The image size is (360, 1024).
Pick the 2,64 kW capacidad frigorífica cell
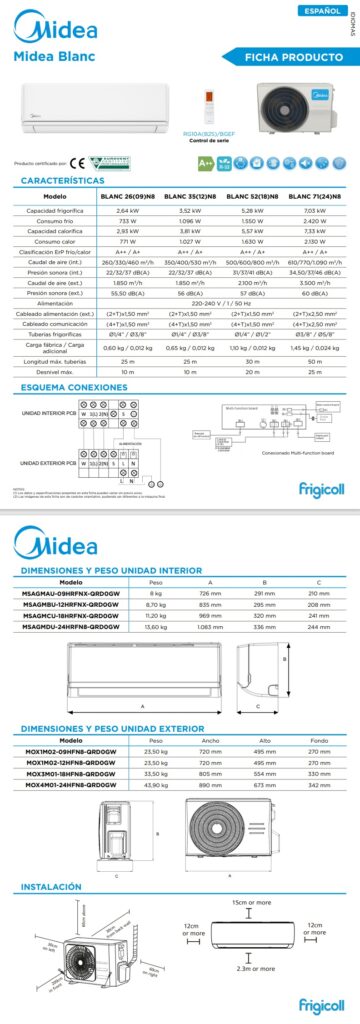127,211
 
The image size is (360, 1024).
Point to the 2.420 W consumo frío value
312,221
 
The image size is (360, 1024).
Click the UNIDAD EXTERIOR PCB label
45,462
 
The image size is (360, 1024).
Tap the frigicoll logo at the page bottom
320,1005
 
